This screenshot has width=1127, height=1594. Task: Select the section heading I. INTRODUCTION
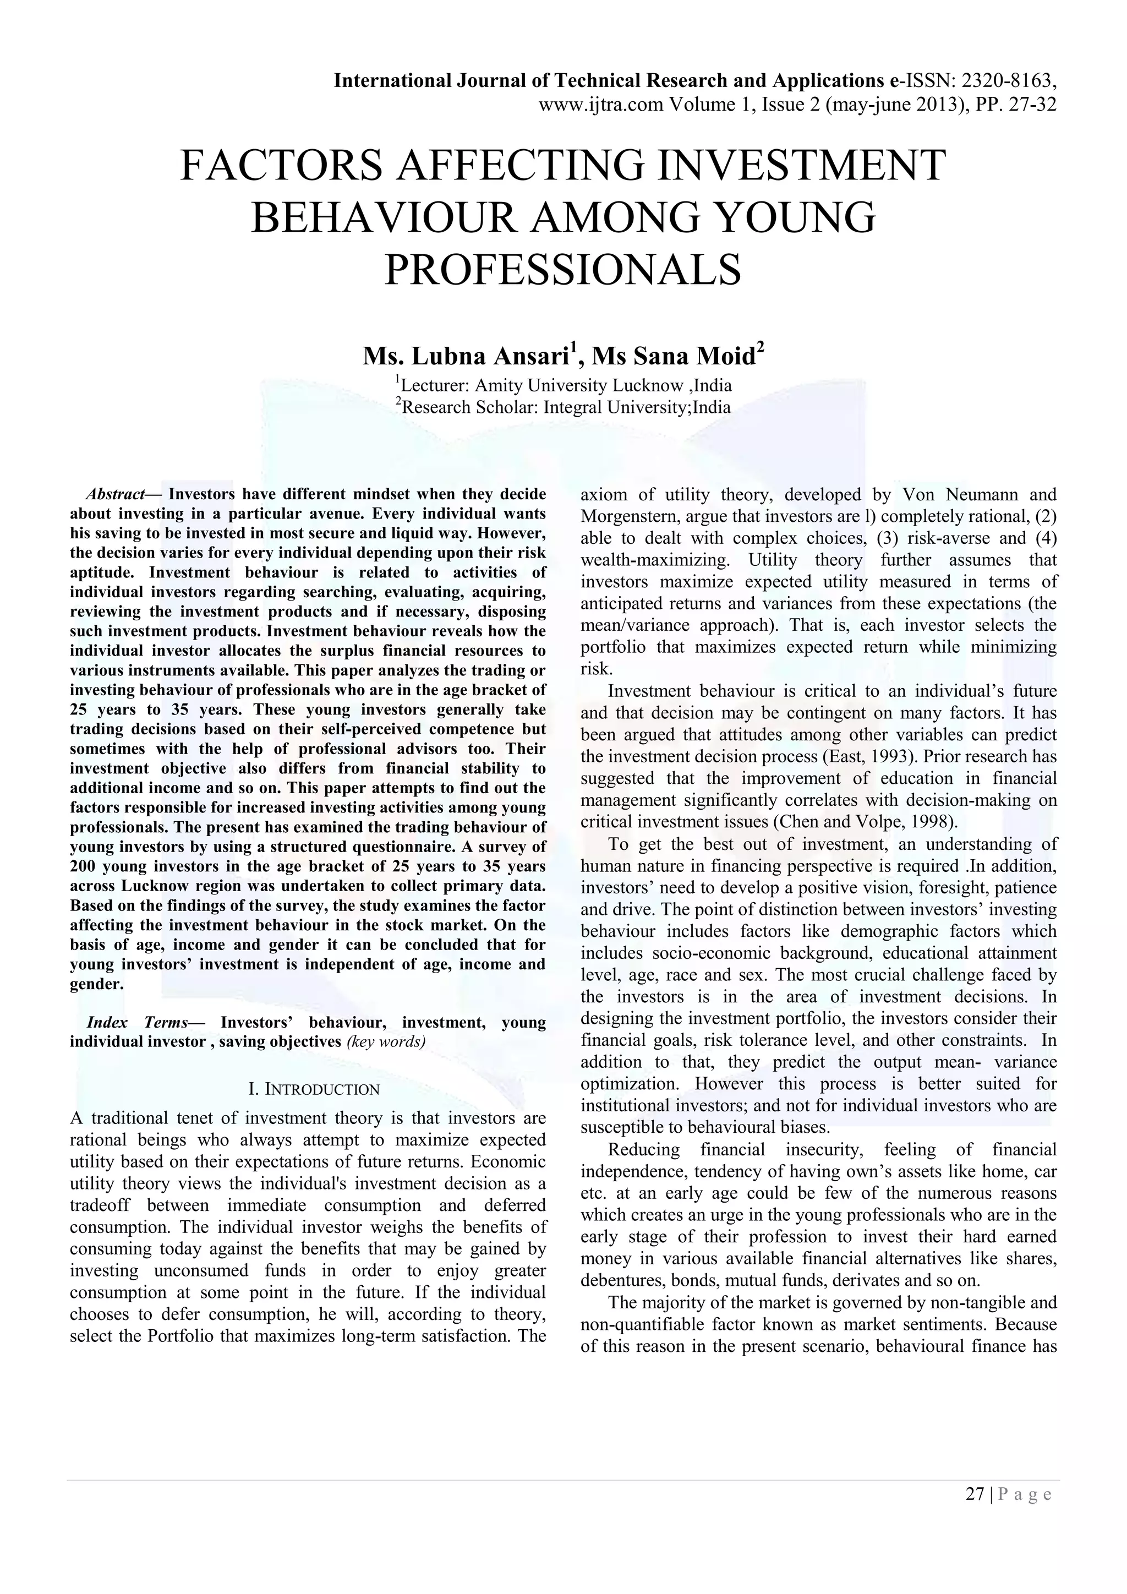click(314, 1089)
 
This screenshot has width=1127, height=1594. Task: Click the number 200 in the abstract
click(85, 866)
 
